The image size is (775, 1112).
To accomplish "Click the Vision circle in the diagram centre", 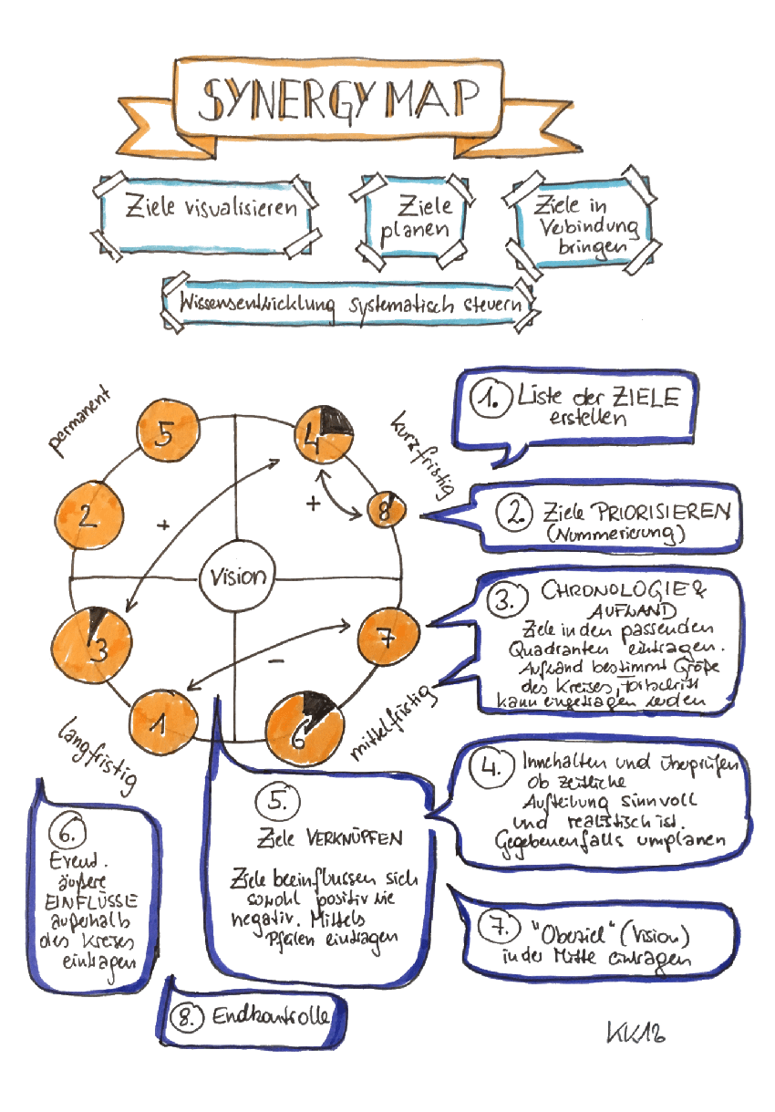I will click(238, 577).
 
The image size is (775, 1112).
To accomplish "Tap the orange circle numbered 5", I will click(164, 434).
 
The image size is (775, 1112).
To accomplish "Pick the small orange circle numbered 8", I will click(384, 511).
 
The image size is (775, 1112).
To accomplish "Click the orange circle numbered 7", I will click(387, 639).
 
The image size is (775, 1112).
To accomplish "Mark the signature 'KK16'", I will click(635, 1032).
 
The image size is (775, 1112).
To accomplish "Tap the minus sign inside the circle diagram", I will click(279, 659).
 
